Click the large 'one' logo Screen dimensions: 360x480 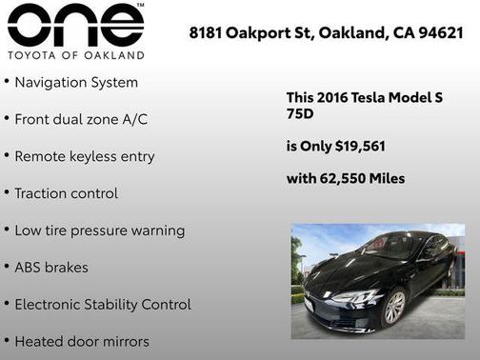(x=75, y=26)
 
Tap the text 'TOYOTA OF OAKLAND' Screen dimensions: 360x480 (x=75, y=54)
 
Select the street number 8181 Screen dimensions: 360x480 (x=208, y=33)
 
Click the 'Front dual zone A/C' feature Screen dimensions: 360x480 (x=81, y=120)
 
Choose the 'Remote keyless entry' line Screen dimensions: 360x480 (x=84, y=156)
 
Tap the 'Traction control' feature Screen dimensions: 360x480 (x=66, y=193)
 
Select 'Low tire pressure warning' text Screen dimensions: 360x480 (x=99, y=230)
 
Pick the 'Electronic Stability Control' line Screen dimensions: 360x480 (x=102, y=305)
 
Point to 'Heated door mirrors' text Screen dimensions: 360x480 (x=81, y=341)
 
